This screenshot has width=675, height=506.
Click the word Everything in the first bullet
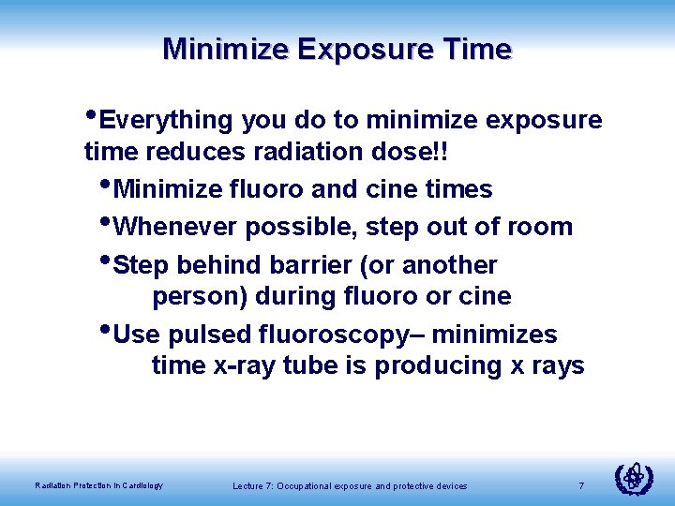point(165,121)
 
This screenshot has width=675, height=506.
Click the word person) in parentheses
point(197,297)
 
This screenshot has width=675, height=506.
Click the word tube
point(311,365)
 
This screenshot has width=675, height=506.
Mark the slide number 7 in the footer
point(581,485)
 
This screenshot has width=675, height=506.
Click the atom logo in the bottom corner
point(633,479)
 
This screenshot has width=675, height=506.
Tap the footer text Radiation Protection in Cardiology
point(98,485)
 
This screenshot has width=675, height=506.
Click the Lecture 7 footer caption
point(350,486)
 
